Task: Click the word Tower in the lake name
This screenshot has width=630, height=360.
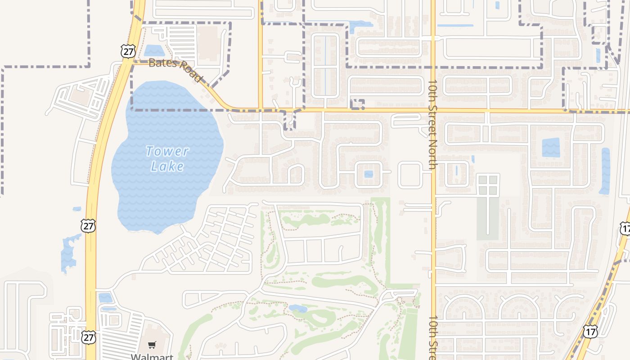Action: click(x=167, y=151)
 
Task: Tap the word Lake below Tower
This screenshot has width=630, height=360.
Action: click(x=167, y=166)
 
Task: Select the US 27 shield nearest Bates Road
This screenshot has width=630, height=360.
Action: click(x=128, y=51)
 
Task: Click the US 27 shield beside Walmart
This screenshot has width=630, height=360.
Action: click(x=89, y=337)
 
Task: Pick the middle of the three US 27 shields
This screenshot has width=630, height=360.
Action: click(x=88, y=225)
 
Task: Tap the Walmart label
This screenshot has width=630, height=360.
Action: click(x=152, y=357)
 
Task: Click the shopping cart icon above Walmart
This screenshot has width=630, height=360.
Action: click(x=152, y=345)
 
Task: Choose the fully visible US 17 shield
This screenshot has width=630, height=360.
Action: click(x=590, y=332)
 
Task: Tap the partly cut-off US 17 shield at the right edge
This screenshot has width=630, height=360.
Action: click(x=625, y=228)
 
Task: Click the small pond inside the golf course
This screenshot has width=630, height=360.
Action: click(x=298, y=309)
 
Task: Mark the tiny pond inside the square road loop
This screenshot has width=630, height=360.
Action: click(x=369, y=174)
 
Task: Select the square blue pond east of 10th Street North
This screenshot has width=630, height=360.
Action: click(x=551, y=148)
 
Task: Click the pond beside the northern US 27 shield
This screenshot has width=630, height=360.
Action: click(x=154, y=50)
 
